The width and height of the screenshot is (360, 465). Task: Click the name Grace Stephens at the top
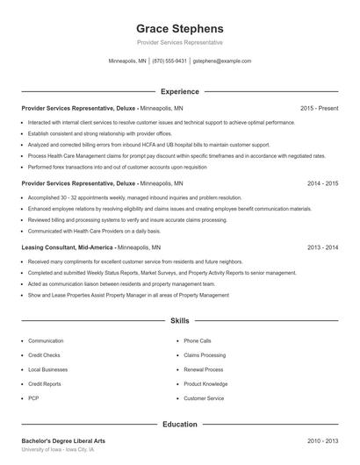pos(179,28)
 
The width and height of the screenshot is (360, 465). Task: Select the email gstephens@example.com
pos(222,61)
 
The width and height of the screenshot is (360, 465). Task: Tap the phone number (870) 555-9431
pos(169,61)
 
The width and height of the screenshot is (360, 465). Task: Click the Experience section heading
pos(179,91)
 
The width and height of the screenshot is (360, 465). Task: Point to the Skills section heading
pos(179,322)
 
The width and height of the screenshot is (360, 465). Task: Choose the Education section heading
pos(179,425)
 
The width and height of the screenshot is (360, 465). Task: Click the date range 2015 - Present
pos(319,108)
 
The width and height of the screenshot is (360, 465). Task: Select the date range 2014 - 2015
pos(322,184)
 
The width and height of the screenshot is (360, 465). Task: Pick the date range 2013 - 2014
pos(322,248)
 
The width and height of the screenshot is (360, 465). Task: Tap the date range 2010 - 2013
pos(322,440)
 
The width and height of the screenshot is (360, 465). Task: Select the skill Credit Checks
pos(44,355)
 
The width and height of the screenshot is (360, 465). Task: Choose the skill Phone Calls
pos(198,340)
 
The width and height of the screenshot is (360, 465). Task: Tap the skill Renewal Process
pos(204,369)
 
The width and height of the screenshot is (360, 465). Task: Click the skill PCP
pos(33,398)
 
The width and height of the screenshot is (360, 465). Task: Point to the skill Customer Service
pos(204,398)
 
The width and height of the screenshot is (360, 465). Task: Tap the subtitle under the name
pos(179,42)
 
